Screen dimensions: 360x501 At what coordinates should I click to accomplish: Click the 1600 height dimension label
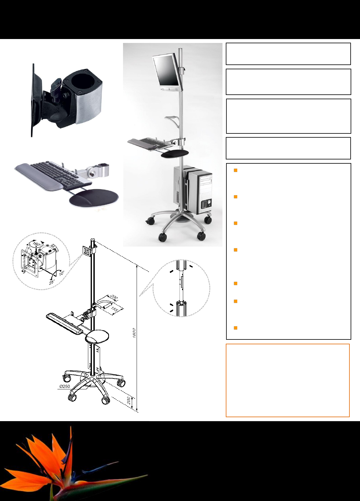134,333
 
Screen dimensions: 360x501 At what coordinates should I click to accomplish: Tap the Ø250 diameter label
65,386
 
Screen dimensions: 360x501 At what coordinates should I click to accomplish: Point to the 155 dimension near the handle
114,309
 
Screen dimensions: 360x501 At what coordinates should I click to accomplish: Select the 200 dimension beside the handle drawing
114,297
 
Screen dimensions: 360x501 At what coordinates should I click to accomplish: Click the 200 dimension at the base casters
129,401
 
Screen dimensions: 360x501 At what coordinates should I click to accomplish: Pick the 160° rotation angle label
37,244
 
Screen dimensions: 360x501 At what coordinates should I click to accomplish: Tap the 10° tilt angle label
62,273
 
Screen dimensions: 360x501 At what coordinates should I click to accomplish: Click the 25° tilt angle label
52,282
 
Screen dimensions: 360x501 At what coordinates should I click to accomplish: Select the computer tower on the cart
193,189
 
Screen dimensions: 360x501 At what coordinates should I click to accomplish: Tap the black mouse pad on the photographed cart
175,154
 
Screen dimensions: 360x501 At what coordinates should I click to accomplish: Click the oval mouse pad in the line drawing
97,337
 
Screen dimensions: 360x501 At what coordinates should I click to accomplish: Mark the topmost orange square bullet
235,170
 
